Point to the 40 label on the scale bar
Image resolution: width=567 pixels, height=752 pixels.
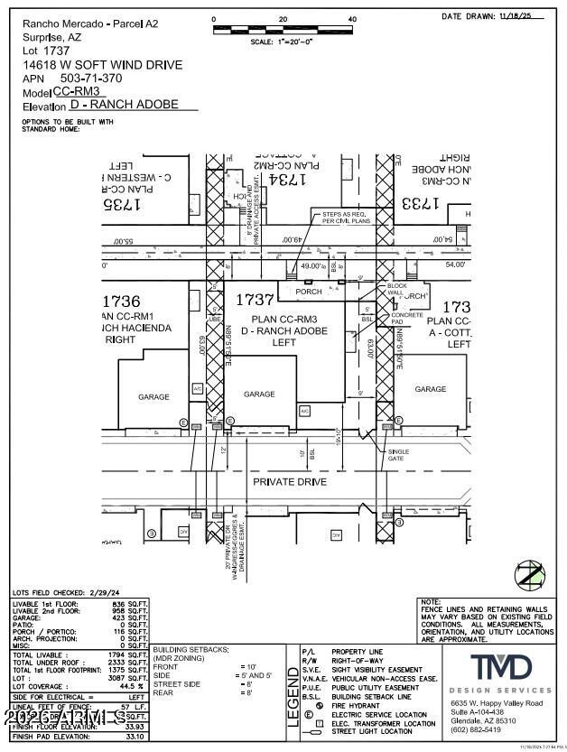351,19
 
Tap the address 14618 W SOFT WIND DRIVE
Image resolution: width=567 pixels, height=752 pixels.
102,65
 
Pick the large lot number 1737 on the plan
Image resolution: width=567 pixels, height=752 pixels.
255,299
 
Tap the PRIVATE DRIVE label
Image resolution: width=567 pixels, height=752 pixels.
289,482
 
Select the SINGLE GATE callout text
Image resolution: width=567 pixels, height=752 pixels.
398,455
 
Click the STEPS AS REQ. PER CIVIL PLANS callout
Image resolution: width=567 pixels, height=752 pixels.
340,218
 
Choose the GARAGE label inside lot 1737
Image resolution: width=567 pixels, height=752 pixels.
259,394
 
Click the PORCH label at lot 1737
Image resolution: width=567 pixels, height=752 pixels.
308,292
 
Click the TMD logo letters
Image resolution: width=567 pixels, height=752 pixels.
500,669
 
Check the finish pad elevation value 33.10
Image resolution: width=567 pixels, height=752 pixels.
134,736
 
